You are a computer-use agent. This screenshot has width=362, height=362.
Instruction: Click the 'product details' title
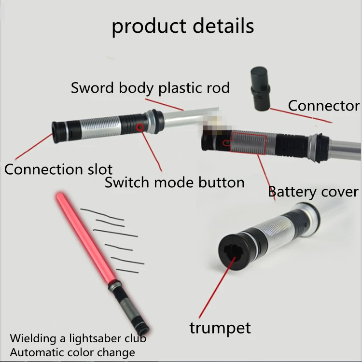182,26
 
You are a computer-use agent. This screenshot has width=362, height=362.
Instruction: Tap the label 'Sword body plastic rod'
150,88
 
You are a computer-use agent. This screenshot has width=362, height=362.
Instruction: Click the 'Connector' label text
323,106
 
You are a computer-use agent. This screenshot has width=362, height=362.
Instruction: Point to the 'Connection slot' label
58,169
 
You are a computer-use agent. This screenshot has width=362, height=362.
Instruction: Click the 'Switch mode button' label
174,183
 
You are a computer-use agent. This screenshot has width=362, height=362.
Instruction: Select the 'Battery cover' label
313,192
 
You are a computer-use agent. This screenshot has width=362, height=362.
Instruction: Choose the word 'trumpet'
220,328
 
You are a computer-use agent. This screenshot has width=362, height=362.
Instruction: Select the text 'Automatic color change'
72,352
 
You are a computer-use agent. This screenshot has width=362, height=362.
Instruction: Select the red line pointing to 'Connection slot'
34,147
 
